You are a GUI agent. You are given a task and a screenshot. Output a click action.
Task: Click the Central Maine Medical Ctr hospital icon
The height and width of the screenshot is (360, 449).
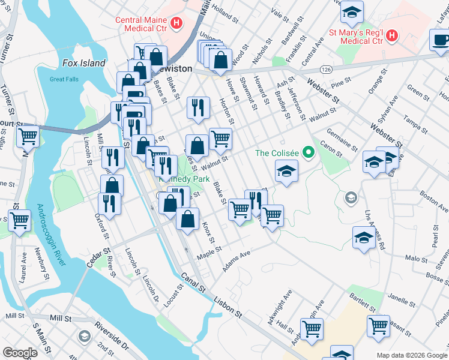[176, 23]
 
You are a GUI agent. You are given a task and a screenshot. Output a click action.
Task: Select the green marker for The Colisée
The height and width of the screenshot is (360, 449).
[309, 152]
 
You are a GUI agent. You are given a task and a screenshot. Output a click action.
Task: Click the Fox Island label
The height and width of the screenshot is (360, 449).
[84, 63]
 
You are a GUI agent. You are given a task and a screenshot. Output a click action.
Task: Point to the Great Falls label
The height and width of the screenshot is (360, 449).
[65, 79]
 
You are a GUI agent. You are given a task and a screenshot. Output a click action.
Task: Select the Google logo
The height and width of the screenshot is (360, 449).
[20, 353]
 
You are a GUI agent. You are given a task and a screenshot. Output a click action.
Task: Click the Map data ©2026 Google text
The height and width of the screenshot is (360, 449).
[412, 355]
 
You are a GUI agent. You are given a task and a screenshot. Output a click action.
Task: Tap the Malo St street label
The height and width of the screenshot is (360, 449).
[415, 259]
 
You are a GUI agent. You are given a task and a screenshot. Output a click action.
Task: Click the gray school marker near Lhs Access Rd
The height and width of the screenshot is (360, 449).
[351, 197]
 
